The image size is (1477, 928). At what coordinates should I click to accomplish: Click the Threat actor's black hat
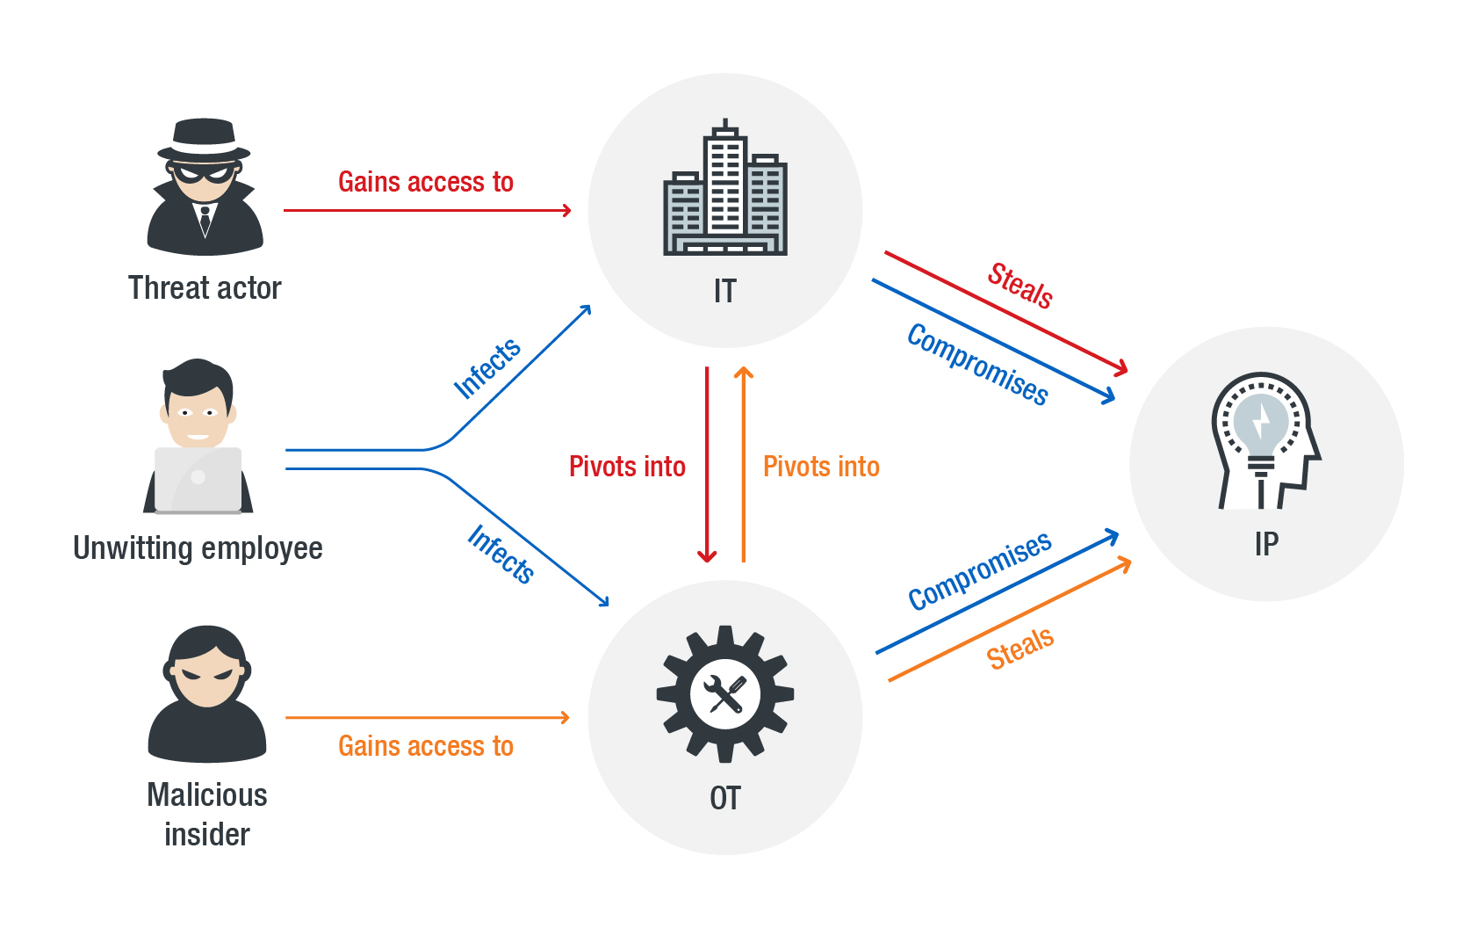(x=204, y=139)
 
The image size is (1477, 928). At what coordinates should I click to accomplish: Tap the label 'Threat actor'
(x=205, y=288)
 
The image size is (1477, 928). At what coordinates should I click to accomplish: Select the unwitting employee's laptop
(x=198, y=479)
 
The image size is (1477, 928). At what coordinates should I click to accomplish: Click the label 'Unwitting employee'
(x=198, y=547)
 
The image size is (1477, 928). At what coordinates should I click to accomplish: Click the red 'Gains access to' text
(x=426, y=182)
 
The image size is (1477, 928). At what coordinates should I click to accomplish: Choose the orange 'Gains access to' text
(x=426, y=746)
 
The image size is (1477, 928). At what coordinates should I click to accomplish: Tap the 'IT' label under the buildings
(x=725, y=291)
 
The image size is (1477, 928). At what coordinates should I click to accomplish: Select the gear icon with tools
(x=725, y=694)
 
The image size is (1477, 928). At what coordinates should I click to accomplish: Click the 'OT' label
(x=725, y=798)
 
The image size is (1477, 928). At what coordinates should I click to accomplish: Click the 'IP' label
(x=1266, y=544)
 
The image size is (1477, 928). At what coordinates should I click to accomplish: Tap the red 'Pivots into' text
(x=627, y=467)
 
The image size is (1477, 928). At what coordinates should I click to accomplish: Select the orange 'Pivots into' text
(x=821, y=467)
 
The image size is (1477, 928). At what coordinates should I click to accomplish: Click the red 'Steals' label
(x=1019, y=286)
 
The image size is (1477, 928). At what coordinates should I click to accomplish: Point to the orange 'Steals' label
(x=1019, y=649)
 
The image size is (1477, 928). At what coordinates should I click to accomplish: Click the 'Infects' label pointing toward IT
(x=487, y=368)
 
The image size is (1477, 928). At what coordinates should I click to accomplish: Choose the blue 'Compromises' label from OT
(x=979, y=570)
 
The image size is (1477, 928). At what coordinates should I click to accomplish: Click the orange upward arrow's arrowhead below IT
(x=744, y=373)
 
